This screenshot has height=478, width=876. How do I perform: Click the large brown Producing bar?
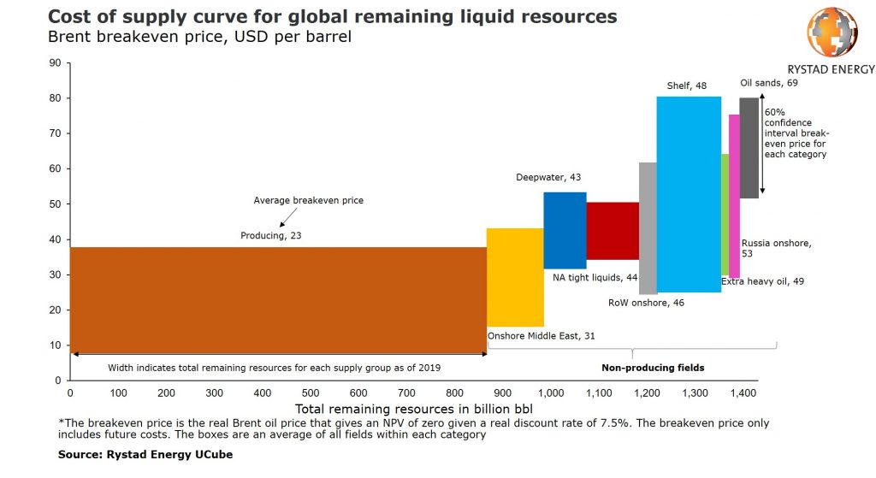tap(278, 299)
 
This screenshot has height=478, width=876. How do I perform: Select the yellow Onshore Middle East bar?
tap(515, 277)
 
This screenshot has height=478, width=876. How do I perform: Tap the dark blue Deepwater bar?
tap(565, 230)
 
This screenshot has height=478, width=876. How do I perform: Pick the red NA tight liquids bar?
tap(613, 231)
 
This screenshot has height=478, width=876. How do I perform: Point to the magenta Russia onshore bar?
tap(734, 196)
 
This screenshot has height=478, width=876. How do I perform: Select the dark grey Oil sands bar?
tap(749, 148)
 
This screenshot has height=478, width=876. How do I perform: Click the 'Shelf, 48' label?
tap(687, 86)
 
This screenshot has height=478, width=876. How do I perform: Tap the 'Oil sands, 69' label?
tap(769, 83)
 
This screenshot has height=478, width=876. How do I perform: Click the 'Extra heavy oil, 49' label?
tap(762, 280)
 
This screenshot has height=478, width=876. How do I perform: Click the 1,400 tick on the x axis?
tap(744, 392)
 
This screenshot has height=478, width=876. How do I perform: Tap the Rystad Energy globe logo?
tap(831, 32)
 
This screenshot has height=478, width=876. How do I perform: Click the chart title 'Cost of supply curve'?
tap(334, 17)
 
